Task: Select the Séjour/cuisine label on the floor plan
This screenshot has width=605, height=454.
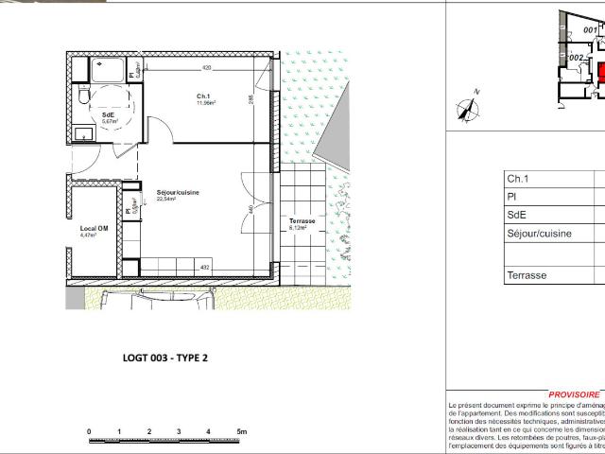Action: (x=178, y=193)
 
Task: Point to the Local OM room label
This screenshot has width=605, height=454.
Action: (x=93, y=228)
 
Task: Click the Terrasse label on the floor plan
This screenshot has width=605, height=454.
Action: (x=302, y=220)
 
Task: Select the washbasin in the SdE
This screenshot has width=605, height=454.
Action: (x=82, y=133)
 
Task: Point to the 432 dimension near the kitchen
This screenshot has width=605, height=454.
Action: (x=204, y=268)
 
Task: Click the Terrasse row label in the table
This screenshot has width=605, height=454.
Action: (x=527, y=275)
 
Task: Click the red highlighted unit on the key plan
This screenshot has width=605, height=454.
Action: (x=602, y=73)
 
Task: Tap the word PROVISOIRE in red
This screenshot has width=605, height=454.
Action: (x=574, y=395)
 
